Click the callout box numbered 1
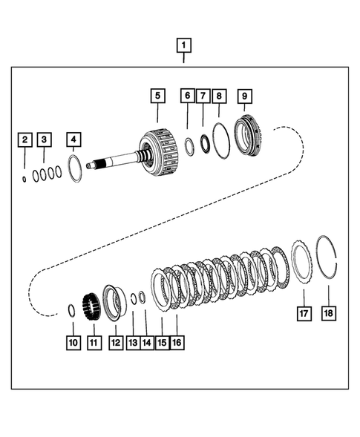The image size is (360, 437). [x=184, y=45]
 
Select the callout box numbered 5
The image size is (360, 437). [x=158, y=96]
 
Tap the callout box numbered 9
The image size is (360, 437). [x=244, y=96]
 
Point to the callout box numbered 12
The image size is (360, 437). [x=116, y=343]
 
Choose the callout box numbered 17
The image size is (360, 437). [x=304, y=313]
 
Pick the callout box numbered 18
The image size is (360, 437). [x=329, y=313]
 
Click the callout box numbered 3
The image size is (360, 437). [x=44, y=139]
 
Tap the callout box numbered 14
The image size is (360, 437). [x=147, y=343]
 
